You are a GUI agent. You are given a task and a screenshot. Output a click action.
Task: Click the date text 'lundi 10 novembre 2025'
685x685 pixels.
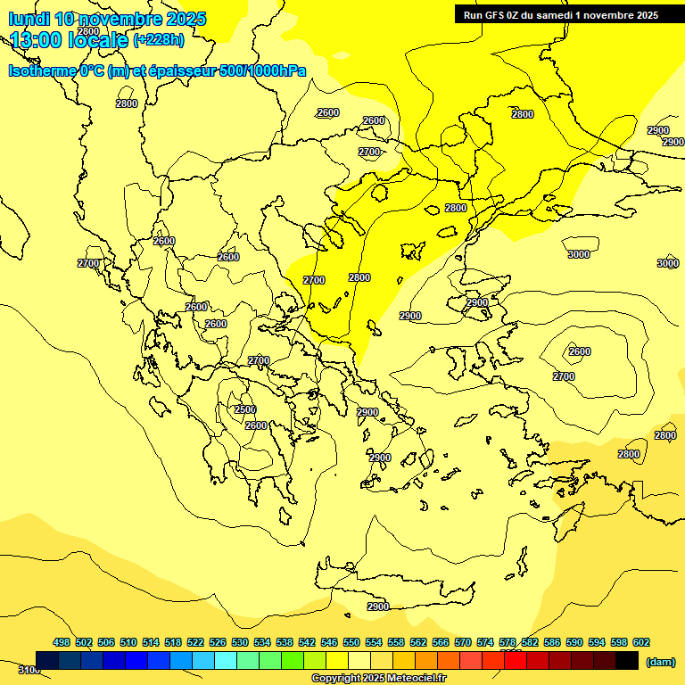coord(107,19)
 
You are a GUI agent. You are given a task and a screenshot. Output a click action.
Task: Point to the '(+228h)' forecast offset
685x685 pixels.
coord(159,40)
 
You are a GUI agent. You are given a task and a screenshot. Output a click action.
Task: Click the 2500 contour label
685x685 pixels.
coord(245,409)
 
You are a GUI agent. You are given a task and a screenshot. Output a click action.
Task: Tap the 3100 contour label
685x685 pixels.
coord(29,670)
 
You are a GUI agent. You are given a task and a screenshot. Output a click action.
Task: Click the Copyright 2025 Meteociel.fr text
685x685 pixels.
coord(378,679)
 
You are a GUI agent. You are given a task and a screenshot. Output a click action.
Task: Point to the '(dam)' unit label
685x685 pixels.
coord(660,661)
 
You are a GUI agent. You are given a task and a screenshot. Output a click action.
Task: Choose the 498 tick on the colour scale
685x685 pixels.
coord(62,642)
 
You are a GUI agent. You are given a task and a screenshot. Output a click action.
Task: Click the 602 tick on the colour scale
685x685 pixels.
coord(640,642)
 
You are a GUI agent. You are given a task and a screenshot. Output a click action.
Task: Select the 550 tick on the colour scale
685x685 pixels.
coord(351,642)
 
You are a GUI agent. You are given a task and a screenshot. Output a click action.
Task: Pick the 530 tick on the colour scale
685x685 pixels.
coord(240,642)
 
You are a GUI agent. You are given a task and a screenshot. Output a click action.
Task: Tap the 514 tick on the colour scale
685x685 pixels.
coord(151,642)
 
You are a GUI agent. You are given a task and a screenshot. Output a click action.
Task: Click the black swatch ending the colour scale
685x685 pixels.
coord(627,660)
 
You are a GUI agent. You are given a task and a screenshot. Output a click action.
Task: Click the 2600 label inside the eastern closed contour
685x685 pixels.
coord(580,351)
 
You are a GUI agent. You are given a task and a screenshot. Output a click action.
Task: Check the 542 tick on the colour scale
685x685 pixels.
coord(307,642)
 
